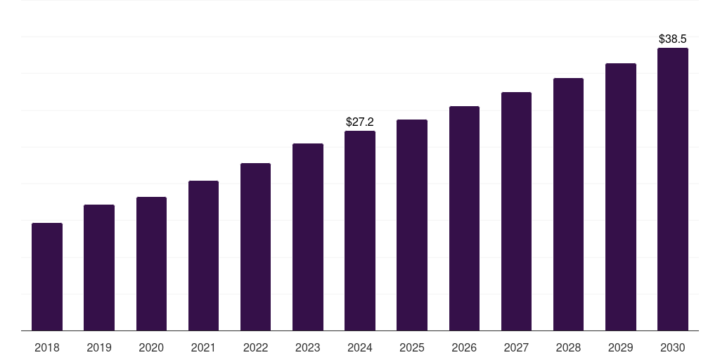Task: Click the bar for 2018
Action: click(47, 276)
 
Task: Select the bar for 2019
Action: click(99, 267)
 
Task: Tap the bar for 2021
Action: click(203, 255)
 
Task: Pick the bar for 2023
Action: click(308, 237)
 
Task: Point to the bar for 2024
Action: click(360, 231)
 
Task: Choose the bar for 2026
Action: click(464, 218)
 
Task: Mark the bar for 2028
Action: click(568, 204)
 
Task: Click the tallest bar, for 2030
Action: click(673, 189)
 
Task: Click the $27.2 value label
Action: click(360, 122)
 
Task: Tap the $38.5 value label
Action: click(673, 39)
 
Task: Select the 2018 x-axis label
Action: click(47, 347)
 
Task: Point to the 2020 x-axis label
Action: click(151, 347)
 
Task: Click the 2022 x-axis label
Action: click(255, 347)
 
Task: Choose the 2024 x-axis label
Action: click(360, 347)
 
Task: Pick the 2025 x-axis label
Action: click(412, 347)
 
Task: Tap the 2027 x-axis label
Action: click(516, 347)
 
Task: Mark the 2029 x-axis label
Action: click(621, 347)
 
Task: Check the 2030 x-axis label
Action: click(673, 347)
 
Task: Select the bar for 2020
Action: click(151, 264)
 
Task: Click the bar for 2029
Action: click(621, 197)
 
